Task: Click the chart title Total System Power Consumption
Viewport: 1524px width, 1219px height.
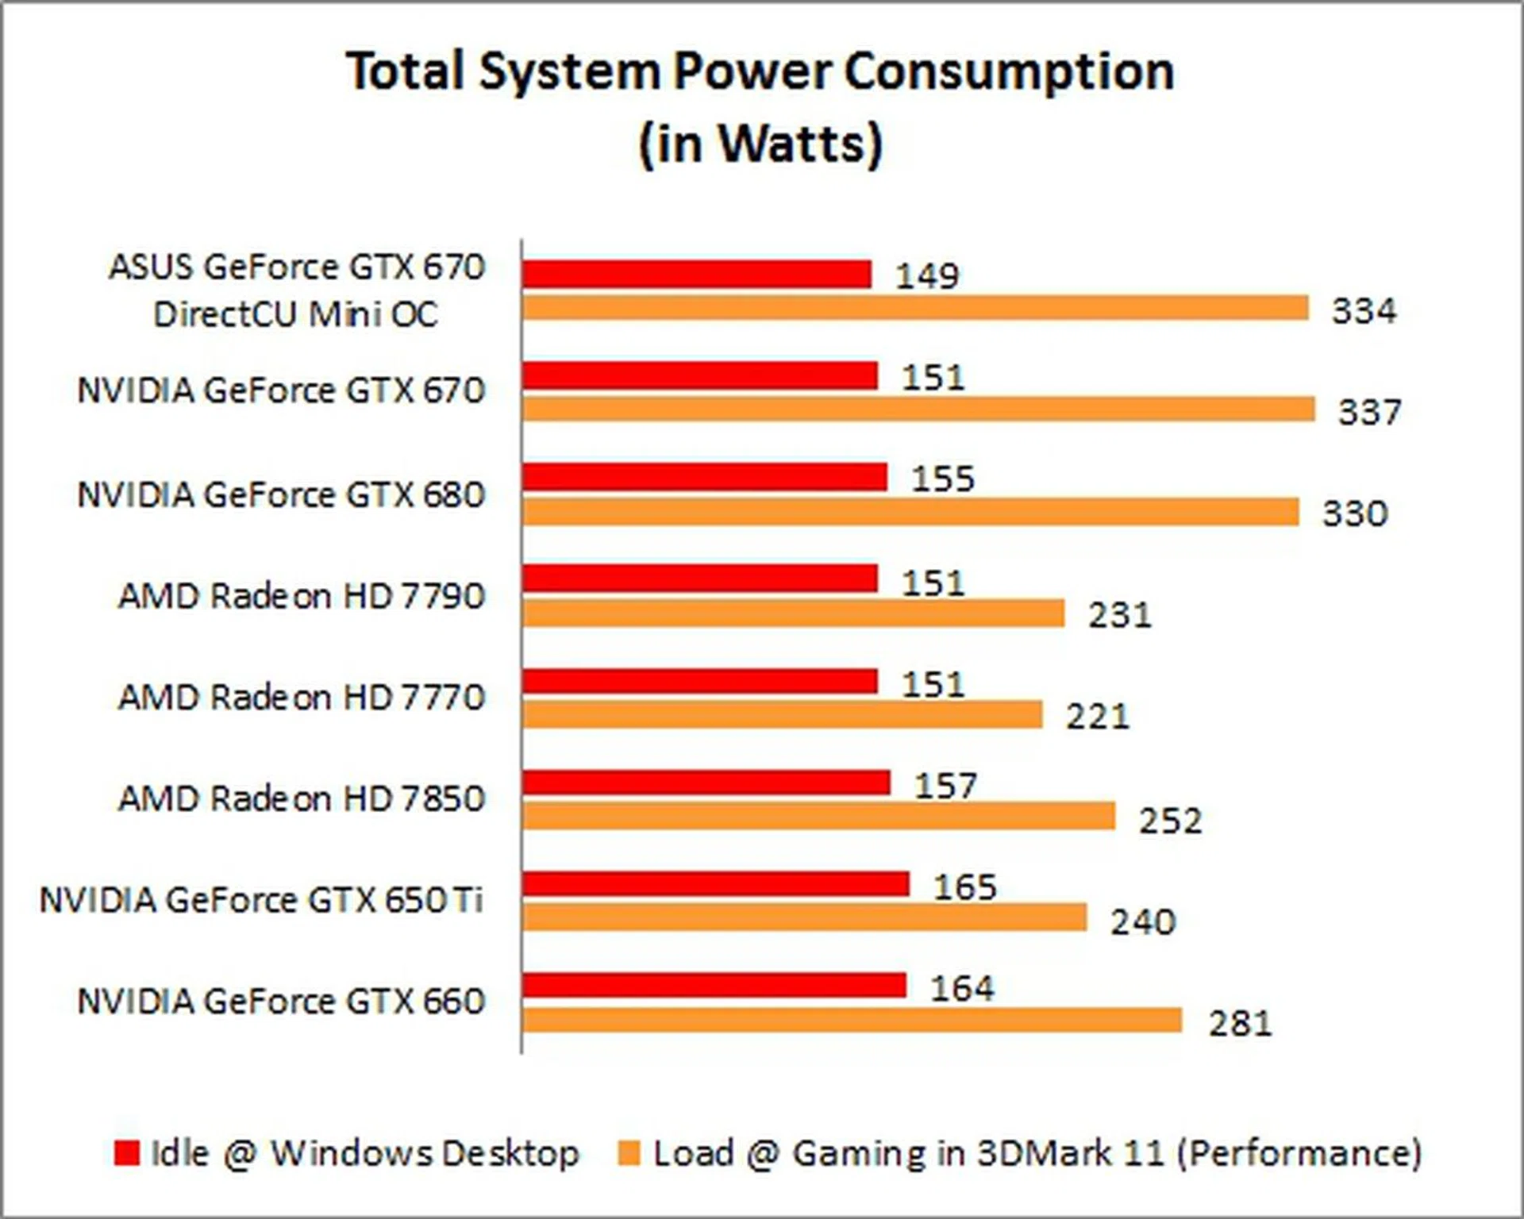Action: coord(760,71)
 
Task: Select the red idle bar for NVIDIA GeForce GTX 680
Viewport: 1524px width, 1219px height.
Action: coord(704,477)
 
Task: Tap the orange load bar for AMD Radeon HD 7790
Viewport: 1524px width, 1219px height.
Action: coord(793,613)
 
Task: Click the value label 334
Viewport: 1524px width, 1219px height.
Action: coord(1363,310)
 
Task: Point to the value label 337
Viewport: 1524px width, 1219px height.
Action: coord(1369,412)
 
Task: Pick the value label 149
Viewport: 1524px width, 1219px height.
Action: coord(927,275)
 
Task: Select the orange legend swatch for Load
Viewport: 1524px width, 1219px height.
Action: coord(629,1153)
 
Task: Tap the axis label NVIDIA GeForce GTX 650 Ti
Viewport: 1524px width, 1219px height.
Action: coord(261,900)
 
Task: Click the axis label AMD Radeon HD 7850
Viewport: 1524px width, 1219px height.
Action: coord(301,798)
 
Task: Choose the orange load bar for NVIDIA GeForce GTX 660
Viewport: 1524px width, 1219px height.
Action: coord(852,1021)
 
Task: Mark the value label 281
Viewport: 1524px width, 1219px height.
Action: coord(1240,1023)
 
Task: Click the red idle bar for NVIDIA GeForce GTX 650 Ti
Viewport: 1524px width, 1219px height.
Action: coord(715,884)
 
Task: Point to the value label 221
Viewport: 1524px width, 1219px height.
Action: coord(1097,717)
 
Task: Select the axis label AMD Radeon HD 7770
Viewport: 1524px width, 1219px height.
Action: coord(301,698)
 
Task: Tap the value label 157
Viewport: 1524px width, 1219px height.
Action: coord(945,786)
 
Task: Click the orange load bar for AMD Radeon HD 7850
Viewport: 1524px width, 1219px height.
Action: coord(818,817)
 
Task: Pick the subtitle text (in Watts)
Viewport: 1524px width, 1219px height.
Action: coord(760,144)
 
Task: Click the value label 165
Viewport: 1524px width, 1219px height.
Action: coord(964,887)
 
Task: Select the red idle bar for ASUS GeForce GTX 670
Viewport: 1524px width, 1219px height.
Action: coord(696,275)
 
